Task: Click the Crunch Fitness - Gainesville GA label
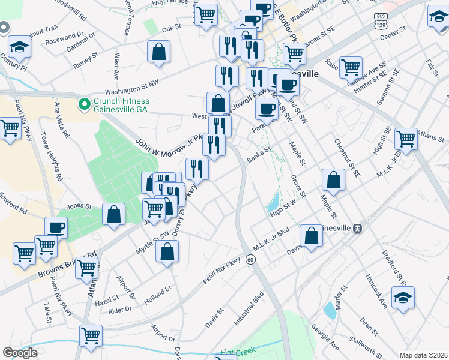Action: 122,104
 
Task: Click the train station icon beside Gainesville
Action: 358,229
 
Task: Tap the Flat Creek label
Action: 238,351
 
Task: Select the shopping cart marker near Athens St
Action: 406,139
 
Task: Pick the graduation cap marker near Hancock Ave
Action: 402,296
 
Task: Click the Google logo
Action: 20,353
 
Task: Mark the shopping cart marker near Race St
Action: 351,67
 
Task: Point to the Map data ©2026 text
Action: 423,355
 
